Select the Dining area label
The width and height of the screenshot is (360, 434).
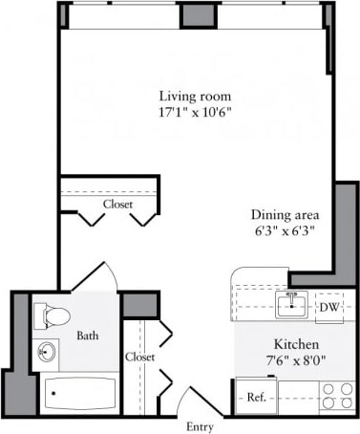click(285, 214)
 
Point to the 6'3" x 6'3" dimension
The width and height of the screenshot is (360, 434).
click(285, 230)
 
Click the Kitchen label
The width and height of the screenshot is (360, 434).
click(295, 343)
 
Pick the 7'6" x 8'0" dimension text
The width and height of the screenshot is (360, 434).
click(295, 359)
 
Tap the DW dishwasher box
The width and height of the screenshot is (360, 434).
click(328, 306)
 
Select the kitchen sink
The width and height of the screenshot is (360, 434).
click(289, 306)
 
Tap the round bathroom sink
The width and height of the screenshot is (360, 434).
click(47, 353)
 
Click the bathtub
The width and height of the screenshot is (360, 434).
click(79, 394)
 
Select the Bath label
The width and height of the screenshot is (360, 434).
click(88, 336)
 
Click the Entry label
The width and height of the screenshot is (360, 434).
click(200, 426)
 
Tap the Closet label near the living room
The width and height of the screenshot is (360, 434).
click(117, 205)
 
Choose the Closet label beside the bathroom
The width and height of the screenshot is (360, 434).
click(139, 357)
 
